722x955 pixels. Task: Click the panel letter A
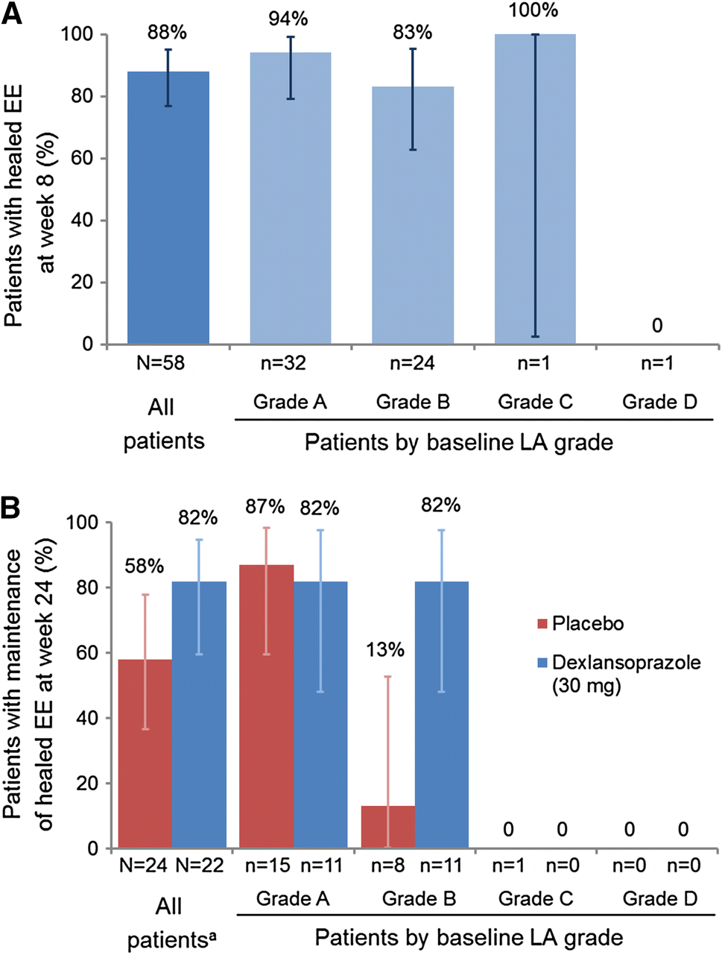tap(13, 14)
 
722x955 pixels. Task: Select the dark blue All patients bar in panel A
tap(168, 208)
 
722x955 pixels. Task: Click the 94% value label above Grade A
tap(290, 17)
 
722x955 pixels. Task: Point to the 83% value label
tap(412, 33)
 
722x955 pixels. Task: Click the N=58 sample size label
tap(162, 364)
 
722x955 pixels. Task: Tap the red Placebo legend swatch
tap(542, 624)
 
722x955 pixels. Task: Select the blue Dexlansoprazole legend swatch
tap(542, 662)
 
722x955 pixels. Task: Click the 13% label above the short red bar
tap(384, 649)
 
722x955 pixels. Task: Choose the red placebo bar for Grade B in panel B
tap(387, 827)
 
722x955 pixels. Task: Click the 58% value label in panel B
tap(144, 566)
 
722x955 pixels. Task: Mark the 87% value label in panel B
tap(265, 506)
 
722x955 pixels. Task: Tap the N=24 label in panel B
tap(144, 866)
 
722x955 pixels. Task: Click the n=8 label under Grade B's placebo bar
tap(387, 866)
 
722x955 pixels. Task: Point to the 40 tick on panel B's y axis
tap(89, 718)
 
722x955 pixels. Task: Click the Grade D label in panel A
tap(659, 403)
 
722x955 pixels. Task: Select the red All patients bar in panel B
tap(145, 754)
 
